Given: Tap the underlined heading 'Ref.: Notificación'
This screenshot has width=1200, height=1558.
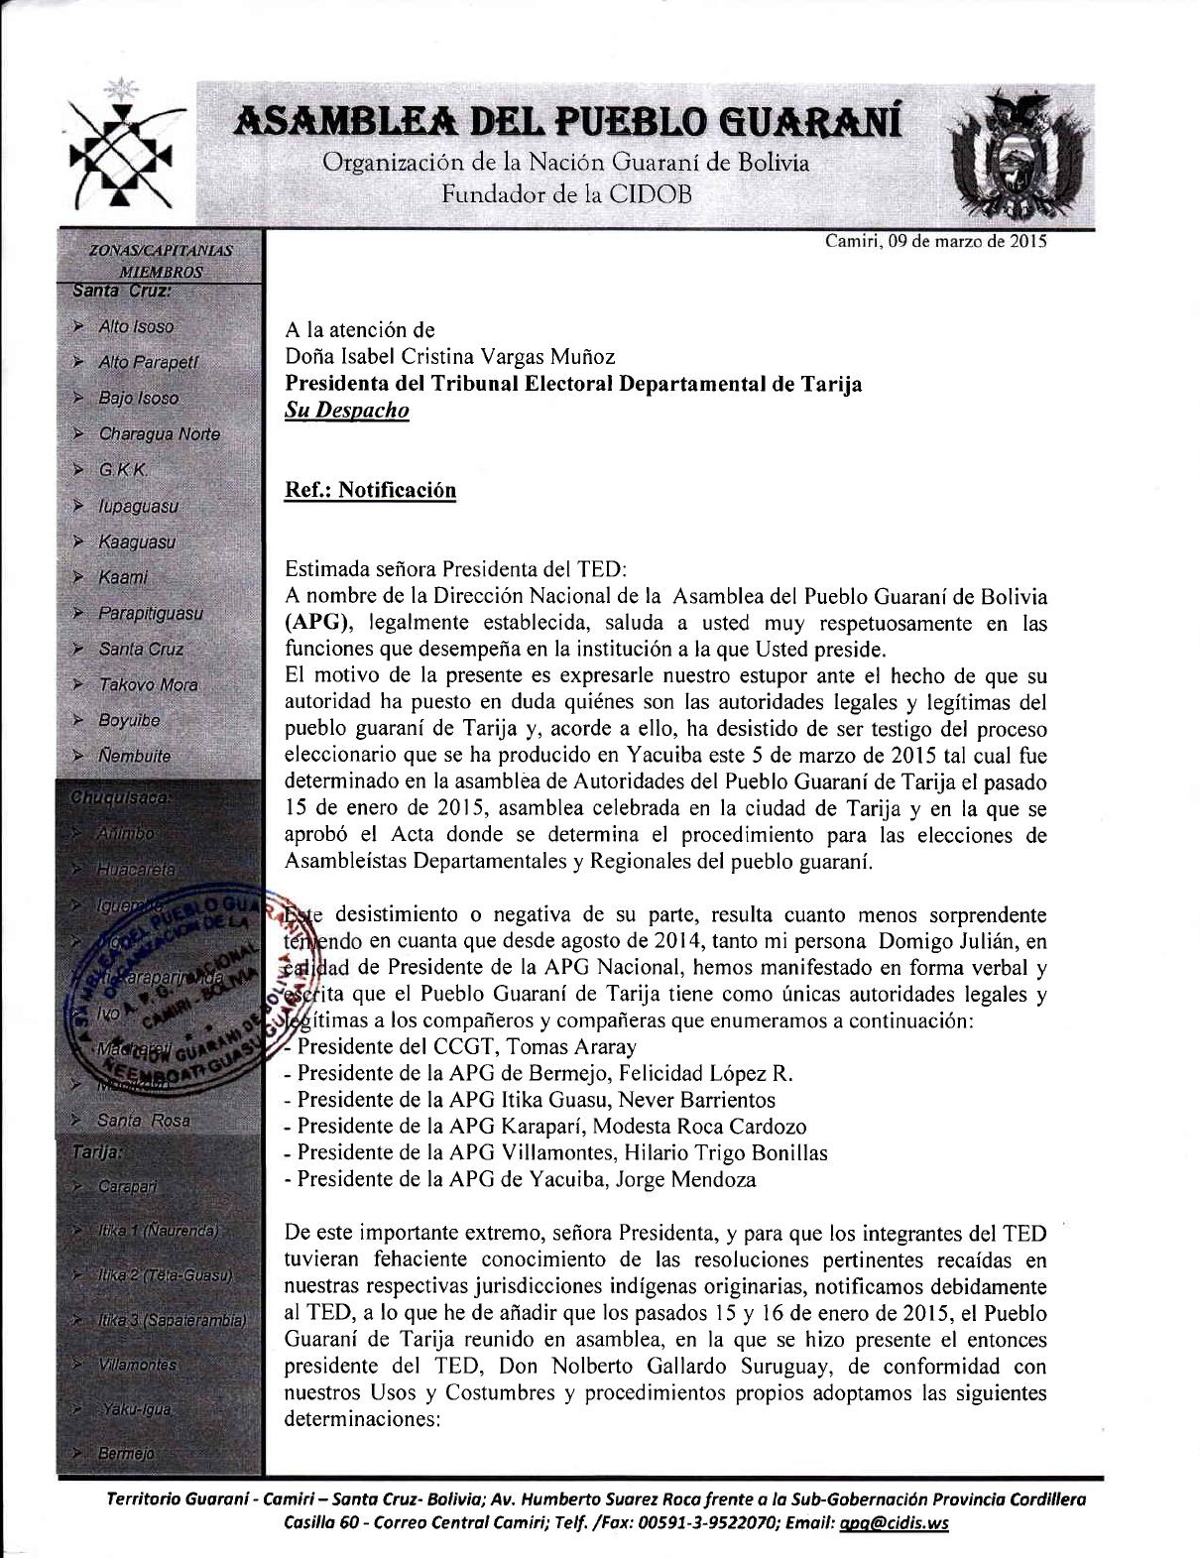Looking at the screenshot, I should click(370, 491).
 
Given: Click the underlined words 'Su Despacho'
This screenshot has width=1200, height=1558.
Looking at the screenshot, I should click(346, 411).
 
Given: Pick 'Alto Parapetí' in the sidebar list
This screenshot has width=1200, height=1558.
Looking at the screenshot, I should click(148, 363).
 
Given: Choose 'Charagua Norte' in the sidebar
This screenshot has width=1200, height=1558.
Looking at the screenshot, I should click(159, 434).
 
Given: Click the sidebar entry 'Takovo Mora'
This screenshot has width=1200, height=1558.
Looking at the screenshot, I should click(148, 685).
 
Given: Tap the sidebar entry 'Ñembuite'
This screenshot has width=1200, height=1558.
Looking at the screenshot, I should click(135, 757).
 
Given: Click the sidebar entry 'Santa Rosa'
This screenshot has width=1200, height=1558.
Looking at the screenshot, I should click(143, 1121).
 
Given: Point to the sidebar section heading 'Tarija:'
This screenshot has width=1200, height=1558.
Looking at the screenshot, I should click(97, 1152).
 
